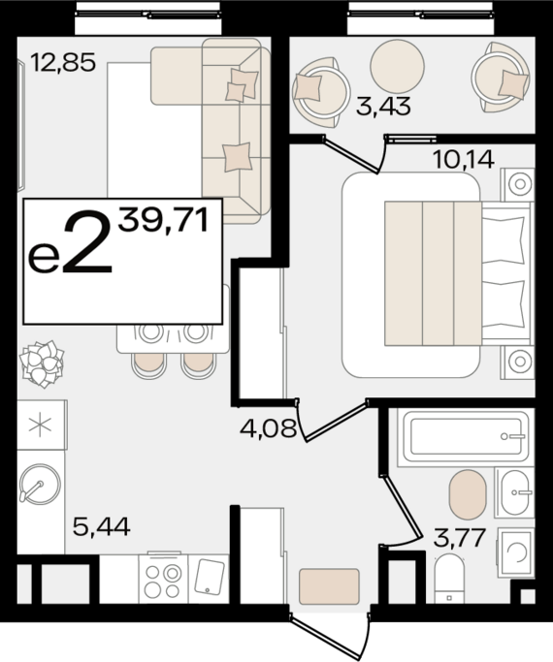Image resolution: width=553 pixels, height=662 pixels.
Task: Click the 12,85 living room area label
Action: [x=63, y=62]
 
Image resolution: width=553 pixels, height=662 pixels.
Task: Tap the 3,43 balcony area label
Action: [x=383, y=106]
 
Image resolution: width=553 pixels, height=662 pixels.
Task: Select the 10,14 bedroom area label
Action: [x=464, y=160]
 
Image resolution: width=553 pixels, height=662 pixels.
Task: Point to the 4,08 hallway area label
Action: [x=268, y=428]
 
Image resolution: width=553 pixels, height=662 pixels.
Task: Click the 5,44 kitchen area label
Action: [x=102, y=526]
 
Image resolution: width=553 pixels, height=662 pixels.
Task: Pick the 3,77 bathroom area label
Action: [x=459, y=538]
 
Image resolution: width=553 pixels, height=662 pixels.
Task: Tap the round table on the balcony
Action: [x=397, y=66]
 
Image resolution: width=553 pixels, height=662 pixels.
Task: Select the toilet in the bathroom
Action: [x=449, y=579]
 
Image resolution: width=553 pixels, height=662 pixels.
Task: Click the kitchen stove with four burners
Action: [x=163, y=579]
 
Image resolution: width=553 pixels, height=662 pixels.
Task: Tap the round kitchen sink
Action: [x=39, y=484]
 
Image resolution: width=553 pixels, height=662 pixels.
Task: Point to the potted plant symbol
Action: [x=42, y=363]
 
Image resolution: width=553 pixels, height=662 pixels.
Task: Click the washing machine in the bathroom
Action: [x=516, y=552]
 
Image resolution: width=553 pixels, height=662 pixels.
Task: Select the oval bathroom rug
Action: [x=467, y=494]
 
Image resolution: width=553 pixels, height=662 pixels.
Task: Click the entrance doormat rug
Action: [x=329, y=586]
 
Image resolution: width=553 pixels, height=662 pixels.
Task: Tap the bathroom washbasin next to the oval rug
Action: [x=514, y=492]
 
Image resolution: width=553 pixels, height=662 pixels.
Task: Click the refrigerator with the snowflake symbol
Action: [x=41, y=425]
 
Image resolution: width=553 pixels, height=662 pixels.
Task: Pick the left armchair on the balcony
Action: [x=320, y=92]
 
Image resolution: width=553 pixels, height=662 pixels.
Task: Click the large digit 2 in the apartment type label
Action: [x=87, y=240]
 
